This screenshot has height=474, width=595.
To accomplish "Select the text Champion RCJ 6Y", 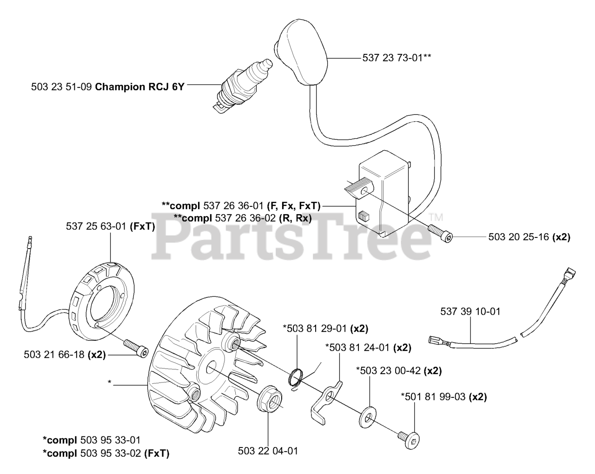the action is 139,86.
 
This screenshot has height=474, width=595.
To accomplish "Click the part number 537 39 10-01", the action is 470,312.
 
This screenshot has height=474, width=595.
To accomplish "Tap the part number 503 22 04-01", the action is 268,451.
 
